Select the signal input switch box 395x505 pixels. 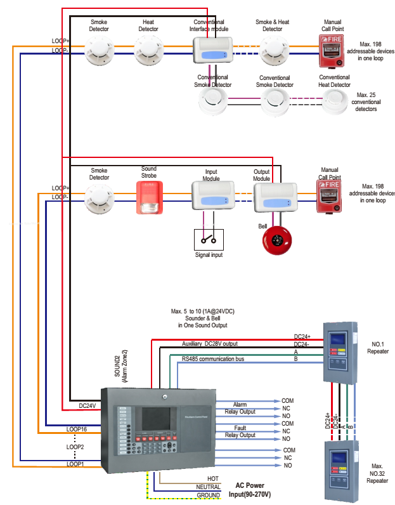pos(209,239)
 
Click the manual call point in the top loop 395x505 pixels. pos(332,51)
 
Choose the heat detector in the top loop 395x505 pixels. pos(148,49)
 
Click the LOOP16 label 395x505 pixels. pos(76,430)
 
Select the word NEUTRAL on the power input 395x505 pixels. pos(208,487)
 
